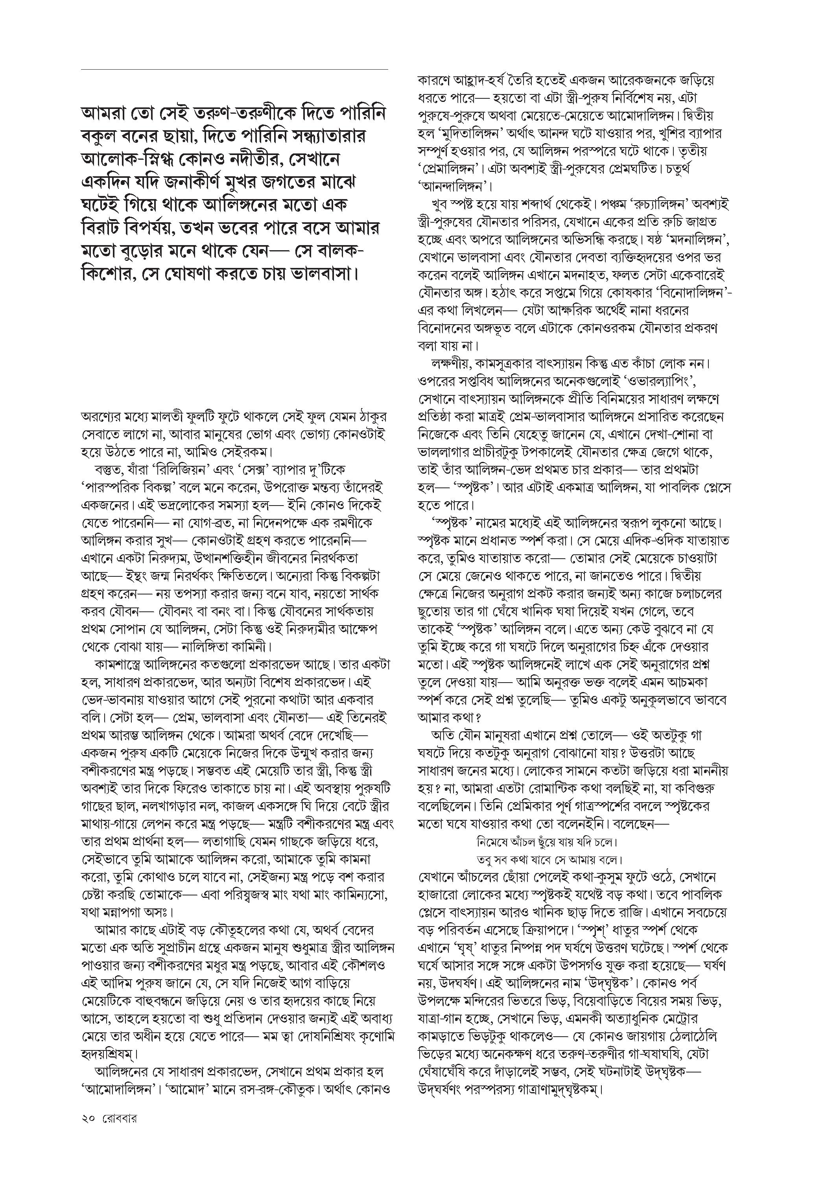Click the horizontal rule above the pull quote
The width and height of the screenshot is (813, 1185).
tap(234, 69)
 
